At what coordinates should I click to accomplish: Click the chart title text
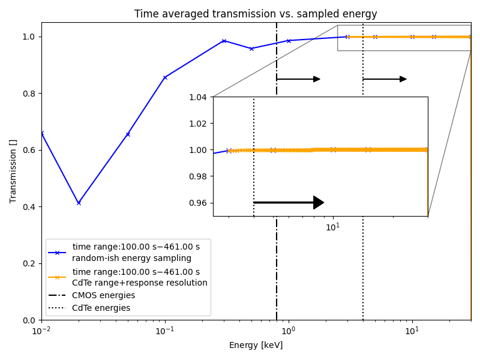point(256,14)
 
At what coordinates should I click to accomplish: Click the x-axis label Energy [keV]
point(256,345)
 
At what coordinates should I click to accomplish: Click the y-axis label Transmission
point(13,171)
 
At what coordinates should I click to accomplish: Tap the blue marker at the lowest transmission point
point(79,203)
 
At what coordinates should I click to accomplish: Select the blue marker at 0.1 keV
point(165,77)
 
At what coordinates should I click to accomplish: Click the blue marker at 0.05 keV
point(128,134)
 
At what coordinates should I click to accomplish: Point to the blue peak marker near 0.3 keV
point(224,41)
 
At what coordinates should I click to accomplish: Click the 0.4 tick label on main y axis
point(28,207)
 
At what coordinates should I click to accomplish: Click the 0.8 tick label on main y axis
point(28,94)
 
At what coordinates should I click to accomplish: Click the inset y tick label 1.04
point(198,97)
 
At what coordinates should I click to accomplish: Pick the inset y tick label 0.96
point(198,203)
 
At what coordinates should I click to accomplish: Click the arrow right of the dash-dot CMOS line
point(298,79)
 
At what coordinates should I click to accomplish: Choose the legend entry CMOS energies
point(103,295)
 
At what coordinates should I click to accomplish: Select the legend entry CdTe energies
point(101,308)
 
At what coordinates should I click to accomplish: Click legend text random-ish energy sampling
point(131,258)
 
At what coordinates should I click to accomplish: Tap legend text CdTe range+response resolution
point(139,283)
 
